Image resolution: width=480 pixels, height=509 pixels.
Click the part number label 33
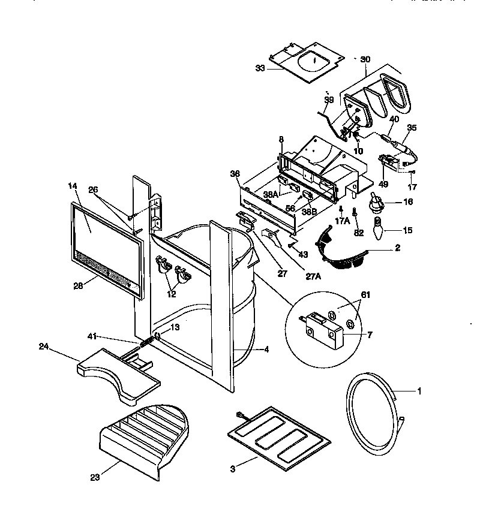coord(260,68)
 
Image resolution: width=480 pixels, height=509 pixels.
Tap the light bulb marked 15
coord(379,228)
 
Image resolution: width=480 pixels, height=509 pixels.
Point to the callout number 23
coord(94,477)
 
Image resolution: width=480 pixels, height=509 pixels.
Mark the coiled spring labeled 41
coord(146,342)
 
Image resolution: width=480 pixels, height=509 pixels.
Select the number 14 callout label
coord(73,186)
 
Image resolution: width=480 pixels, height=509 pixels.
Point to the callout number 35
coord(412,128)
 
